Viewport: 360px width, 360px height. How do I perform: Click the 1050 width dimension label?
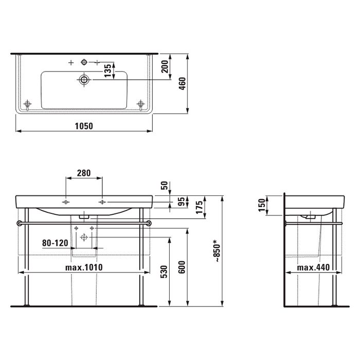click(84, 126)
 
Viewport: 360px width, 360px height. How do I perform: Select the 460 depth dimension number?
click(182, 84)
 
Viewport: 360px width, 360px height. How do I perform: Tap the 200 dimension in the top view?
click(165, 66)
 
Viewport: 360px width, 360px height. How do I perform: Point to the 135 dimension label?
click(107, 70)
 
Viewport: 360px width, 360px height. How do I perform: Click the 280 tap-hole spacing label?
click(84, 173)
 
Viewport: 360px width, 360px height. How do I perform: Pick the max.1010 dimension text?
click(84, 267)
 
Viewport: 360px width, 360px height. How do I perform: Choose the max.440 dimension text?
click(313, 267)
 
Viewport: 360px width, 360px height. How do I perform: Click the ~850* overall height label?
click(217, 251)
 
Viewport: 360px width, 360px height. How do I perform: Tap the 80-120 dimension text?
click(55, 243)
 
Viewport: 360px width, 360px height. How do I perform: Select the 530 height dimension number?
click(164, 272)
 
